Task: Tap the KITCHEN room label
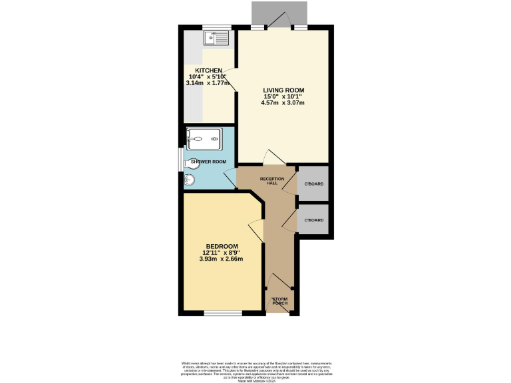(x=208, y=70)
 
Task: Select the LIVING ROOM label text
(x=283, y=90)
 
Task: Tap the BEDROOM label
(x=221, y=246)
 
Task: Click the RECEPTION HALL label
(x=272, y=182)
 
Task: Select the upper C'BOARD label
(x=313, y=183)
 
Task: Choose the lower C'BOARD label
(x=313, y=220)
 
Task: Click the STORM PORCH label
(x=279, y=301)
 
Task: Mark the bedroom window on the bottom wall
(x=218, y=313)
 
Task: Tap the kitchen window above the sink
(x=217, y=27)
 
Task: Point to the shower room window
(x=181, y=161)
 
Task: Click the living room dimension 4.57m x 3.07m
(x=283, y=103)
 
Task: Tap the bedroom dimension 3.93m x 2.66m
(x=221, y=259)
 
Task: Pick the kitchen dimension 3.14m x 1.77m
(x=208, y=84)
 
